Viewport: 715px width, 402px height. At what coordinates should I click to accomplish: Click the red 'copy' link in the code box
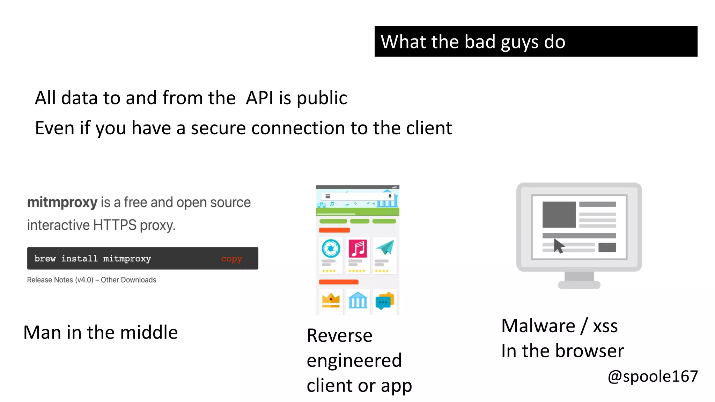231,259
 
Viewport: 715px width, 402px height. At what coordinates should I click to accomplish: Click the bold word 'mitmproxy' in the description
62,202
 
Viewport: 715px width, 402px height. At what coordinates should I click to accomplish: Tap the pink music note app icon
358,248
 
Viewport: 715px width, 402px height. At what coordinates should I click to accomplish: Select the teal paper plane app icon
385,248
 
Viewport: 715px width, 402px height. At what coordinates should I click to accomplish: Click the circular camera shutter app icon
331,248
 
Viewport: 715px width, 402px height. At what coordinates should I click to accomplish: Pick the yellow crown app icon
331,300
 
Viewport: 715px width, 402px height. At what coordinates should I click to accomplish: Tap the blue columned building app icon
358,300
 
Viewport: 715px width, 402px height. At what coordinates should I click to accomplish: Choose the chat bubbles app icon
384,300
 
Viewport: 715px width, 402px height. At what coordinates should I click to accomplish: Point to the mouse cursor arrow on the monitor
559,246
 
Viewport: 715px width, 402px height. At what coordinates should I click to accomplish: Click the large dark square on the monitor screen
559,215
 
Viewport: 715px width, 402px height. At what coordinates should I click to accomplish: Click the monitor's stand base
579,285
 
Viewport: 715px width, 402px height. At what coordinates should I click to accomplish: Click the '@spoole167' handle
653,377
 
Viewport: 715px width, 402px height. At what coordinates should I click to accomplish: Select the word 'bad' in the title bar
480,42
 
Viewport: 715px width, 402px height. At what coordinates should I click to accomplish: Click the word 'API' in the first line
259,98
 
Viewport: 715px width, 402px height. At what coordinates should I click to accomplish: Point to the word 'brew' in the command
45,259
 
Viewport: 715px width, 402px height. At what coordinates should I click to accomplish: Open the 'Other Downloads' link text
128,280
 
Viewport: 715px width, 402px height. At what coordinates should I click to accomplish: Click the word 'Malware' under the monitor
538,326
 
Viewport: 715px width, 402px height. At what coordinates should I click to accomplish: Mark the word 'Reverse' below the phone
339,336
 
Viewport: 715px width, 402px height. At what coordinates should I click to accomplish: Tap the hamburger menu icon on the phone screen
328,196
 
